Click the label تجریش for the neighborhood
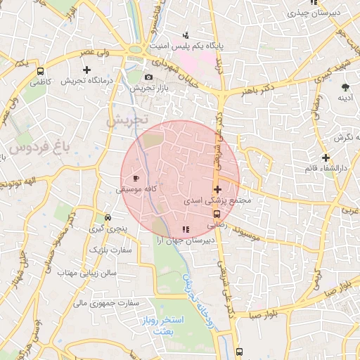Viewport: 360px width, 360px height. [127, 120]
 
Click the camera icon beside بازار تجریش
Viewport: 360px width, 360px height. [148, 77]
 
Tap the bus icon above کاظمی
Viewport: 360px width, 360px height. [40, 70]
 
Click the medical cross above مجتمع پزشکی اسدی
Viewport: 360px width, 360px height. [217, 189]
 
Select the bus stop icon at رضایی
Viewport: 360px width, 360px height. [217, 214]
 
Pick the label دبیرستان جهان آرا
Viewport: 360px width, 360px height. [185, 240]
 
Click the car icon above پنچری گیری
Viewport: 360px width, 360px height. [107, 217]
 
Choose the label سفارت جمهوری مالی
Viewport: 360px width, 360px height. [106, 303]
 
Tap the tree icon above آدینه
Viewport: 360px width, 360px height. [345, 86]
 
